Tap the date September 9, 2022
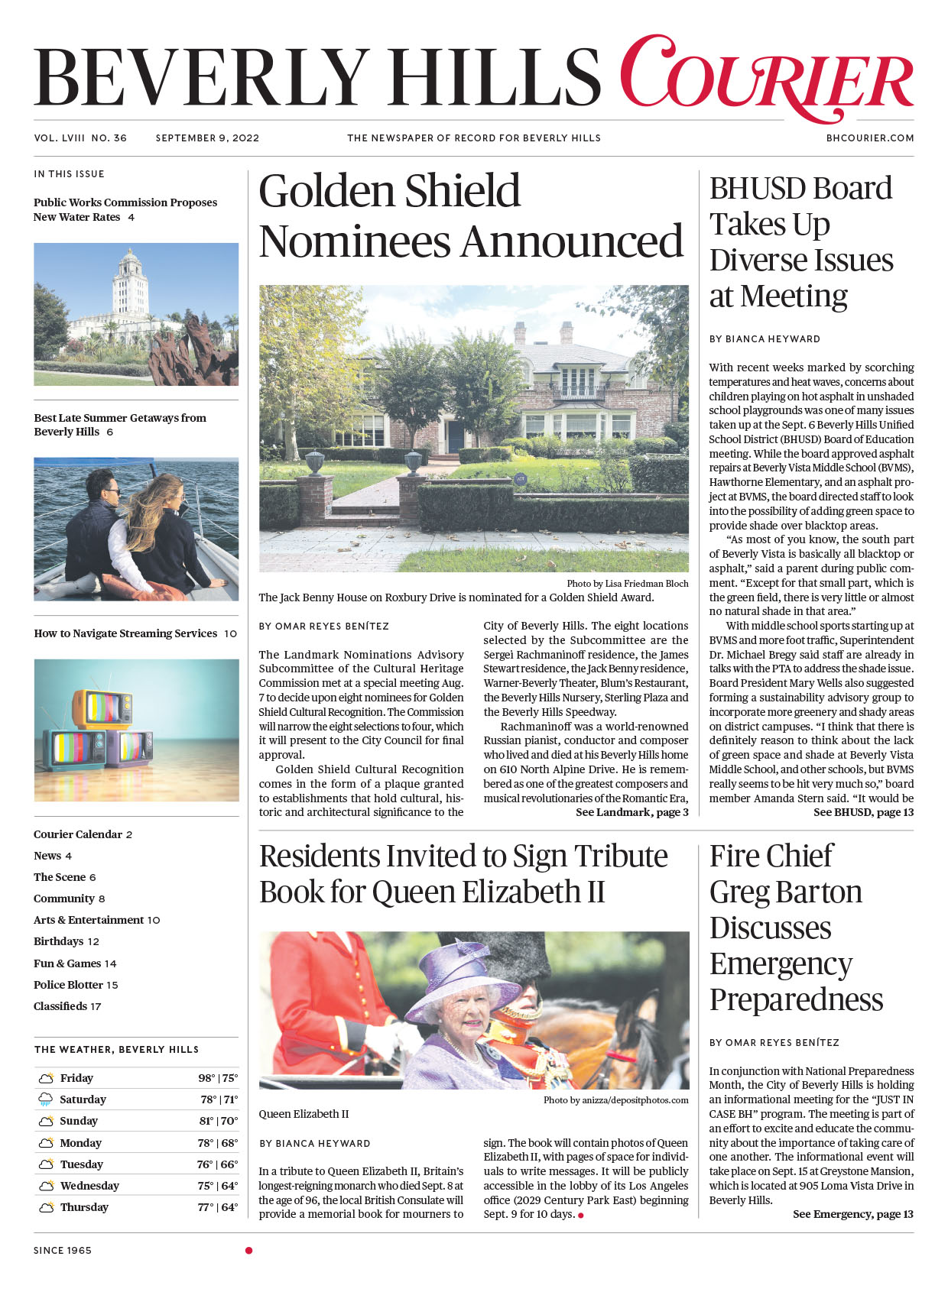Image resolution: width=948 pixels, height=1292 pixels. click(207, 138)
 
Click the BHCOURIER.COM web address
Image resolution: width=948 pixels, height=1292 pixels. click(870, 138)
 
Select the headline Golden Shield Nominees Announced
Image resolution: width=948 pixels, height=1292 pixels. click(470, 216)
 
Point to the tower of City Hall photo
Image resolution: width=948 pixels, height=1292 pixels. click(129, 283)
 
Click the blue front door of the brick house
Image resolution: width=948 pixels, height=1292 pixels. click(456, 436)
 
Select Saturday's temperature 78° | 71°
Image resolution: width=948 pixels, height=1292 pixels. click(219, 1099)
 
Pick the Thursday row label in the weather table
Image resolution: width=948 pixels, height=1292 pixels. click(84, 1207)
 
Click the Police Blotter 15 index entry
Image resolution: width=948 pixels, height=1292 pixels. click(76, 985)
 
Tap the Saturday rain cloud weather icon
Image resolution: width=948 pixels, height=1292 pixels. click(46, 1099)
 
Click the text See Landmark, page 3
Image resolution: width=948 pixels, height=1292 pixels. click(631, 812)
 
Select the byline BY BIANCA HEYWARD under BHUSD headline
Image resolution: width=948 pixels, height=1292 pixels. click(765, 339)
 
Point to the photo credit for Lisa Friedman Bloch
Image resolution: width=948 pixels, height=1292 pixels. click(627, 584)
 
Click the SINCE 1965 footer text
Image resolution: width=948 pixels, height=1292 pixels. click(63, 1251)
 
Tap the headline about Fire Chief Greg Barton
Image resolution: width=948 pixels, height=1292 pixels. click(795, 928)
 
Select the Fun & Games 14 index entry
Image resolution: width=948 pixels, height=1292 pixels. click(75, 963)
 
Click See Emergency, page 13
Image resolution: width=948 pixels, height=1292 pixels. click(852, 1214)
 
